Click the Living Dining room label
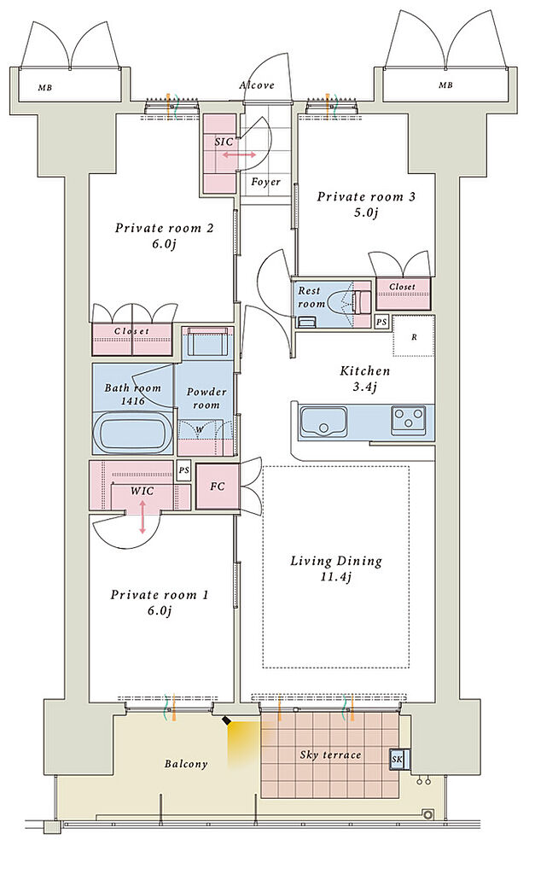coord(336,568)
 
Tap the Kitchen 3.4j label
coord(365,378)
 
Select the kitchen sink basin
coord(323,422)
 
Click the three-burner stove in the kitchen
coord(409,418)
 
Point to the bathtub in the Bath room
coord(132,433)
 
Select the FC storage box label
coord(218,487)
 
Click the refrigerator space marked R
coord(414,336)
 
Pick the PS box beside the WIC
coord(184,470)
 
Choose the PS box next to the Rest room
coord(381,322)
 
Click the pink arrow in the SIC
coord(239,154)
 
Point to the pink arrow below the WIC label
coord(142,516)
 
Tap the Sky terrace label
coord(330,755)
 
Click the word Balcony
coord(186,764)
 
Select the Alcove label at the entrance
coord(257,85)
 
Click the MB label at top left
coord(45,88)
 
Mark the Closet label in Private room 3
coord(403,287)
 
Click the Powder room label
coord(206,398)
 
